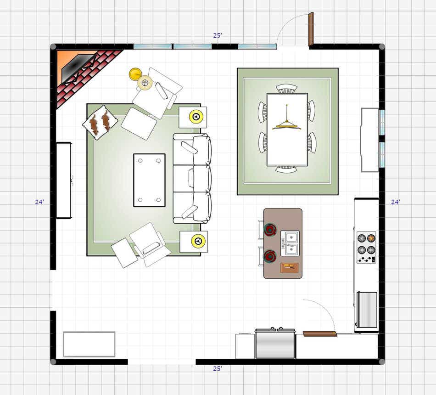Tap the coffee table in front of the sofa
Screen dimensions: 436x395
(x=149, y=180)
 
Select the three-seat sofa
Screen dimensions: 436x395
(x=192, y=178)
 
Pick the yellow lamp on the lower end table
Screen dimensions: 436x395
(x=198, y=241)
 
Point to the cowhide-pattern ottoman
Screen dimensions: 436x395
(x=100, y=123)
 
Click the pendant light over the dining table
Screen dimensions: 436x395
(x=287, y=123)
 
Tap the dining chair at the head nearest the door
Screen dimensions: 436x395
(x=287, y=88)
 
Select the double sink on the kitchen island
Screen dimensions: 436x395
(x=290, y=243)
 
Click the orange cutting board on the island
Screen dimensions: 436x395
(x=289, y=267)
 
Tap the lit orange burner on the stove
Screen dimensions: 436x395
(x=371, y=238)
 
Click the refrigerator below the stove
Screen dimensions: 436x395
(x=367, y=310)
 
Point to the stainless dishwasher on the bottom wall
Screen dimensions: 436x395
(x=275, y=343)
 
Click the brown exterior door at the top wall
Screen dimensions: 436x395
(x=311, y=28)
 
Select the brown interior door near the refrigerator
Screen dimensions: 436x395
(x=319, y=333)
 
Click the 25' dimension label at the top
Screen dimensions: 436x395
(x=218, y=35)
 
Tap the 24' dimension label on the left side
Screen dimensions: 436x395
(x=39, y=202)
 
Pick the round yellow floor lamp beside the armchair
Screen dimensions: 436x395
(x=135, y=74)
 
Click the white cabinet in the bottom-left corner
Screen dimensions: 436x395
(x=89, y=344)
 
